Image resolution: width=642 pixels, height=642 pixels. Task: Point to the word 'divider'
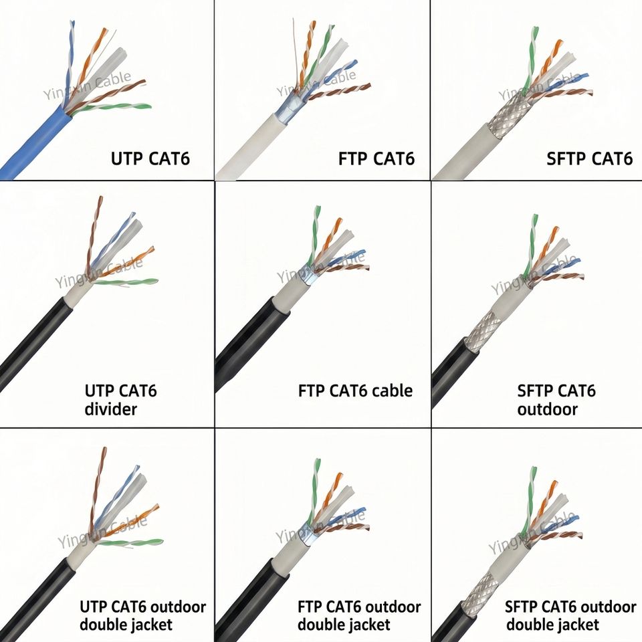pos(110,409)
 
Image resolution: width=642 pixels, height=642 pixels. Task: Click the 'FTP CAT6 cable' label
pos(355,391)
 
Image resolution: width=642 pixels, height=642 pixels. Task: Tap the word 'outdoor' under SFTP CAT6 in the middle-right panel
pos(547,409)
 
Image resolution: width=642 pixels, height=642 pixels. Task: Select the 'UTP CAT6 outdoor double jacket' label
pos(142,616)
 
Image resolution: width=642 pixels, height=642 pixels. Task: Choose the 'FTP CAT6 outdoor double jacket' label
pos(359,616)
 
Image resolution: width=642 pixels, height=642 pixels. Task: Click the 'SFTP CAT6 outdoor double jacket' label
pos(570,616)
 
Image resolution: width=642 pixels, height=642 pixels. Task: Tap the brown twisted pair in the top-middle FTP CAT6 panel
pos(340,92)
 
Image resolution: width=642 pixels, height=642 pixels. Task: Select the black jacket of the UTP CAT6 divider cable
pos(33,344)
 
